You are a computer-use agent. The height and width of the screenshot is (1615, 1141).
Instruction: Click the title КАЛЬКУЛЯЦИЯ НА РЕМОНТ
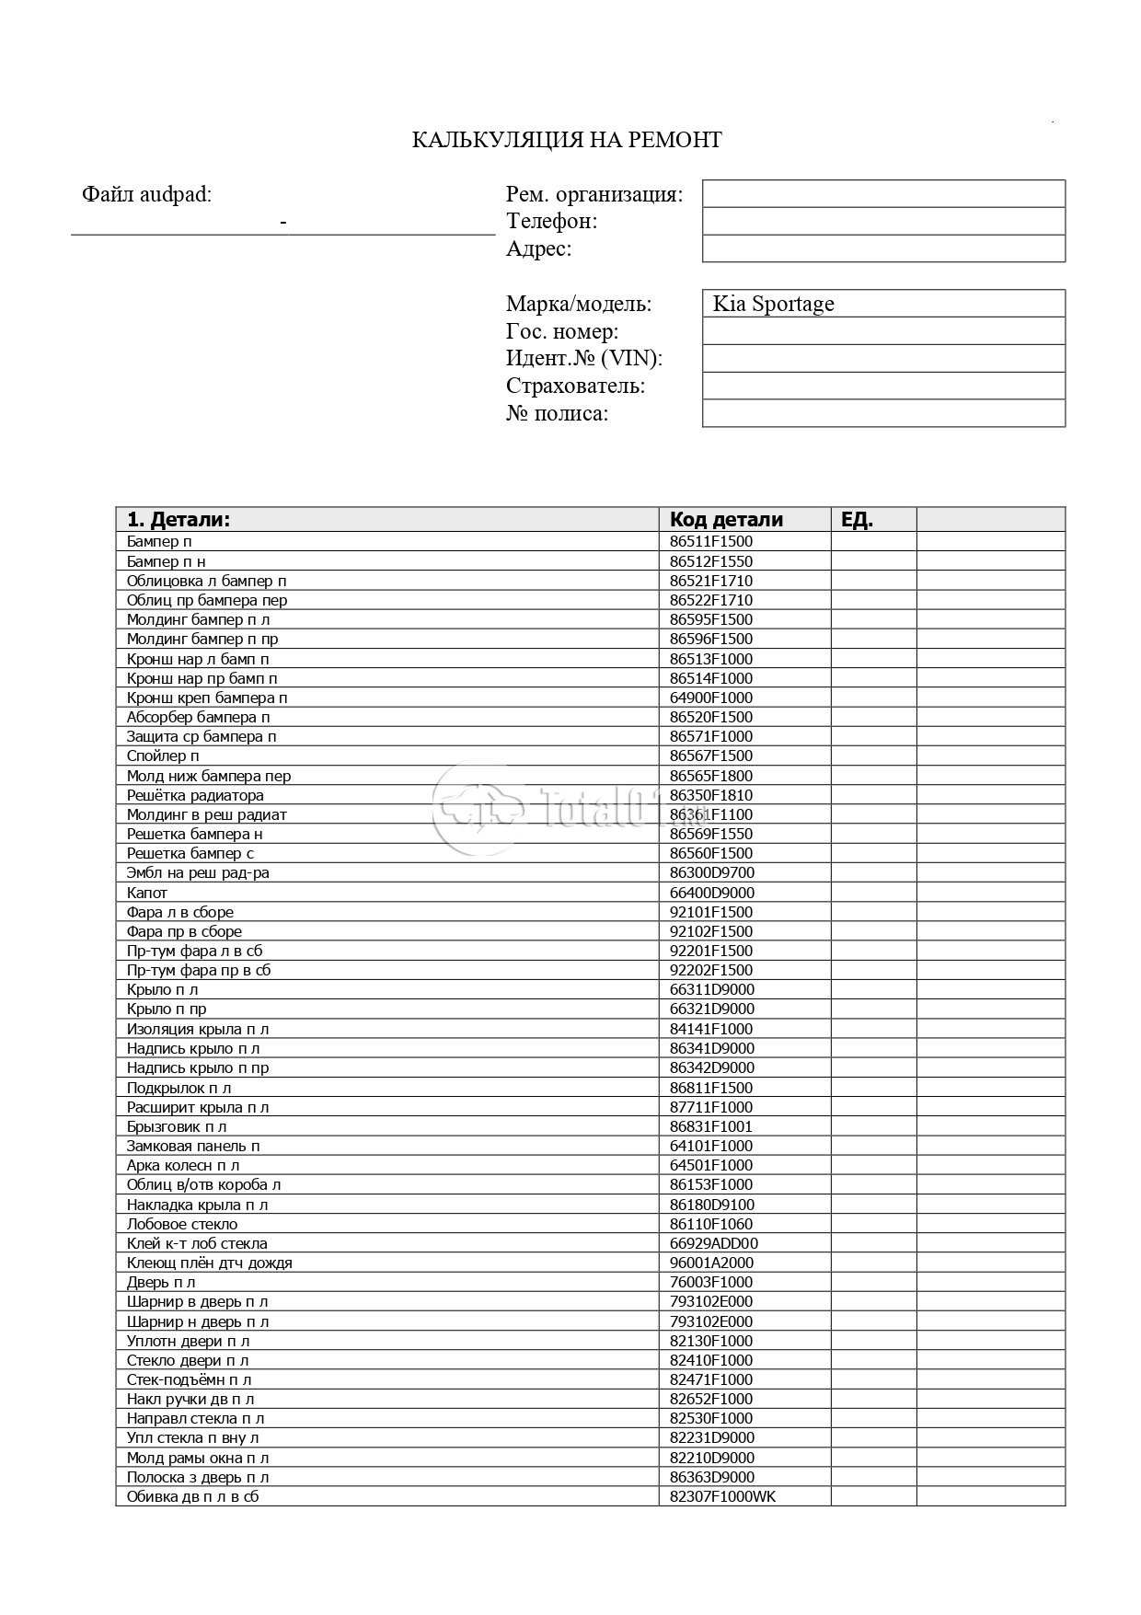(566, 140)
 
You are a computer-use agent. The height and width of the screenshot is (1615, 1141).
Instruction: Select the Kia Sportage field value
(773, 304)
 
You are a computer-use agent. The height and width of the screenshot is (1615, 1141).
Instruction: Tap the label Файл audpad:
(146, 194)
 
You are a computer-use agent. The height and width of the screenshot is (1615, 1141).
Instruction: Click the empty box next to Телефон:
(883, 221)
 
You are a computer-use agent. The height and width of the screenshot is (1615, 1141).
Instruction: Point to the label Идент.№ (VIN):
(583, 358)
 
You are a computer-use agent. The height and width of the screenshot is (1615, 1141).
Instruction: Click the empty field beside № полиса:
(883, 413)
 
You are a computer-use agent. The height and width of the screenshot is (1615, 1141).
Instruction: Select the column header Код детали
(726, 519)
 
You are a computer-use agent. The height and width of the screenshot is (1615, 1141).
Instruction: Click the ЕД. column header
(857, 519)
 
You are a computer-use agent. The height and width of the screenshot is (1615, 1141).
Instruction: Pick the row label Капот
(147, 893)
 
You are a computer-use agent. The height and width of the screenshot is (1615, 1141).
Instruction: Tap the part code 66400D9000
(711, 893)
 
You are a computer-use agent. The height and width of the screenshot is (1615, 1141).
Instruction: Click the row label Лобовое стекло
(182, 1224)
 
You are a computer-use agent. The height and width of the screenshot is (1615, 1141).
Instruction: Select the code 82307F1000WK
(722, 1496)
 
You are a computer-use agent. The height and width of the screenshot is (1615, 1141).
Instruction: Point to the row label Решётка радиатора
(195, 795)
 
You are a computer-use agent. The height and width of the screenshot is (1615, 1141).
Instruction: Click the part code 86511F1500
(710, 541)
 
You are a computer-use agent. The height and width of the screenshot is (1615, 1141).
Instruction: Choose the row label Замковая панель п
(193, 1146)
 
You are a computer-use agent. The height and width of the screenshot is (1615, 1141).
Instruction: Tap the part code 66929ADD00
(714, 1243)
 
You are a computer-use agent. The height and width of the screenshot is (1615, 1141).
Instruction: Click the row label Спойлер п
(163, 756)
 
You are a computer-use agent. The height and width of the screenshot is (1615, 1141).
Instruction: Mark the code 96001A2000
(711, 1263)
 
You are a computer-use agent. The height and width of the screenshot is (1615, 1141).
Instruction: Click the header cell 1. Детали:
(179, 519)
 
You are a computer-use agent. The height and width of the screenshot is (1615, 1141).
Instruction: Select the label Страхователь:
(575, 386)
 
